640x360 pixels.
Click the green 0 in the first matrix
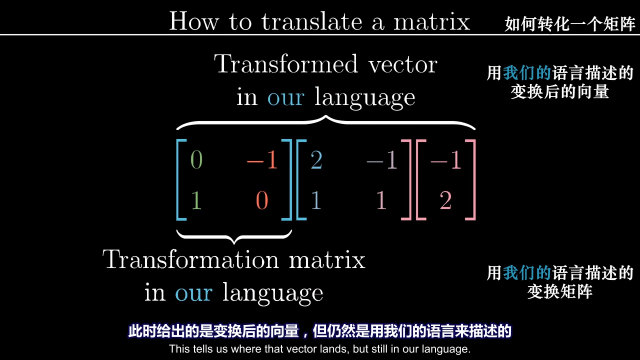[x=196, y=159]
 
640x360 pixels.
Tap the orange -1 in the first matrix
[x=262, y=159]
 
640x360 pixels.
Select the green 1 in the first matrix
[x=196, y=200]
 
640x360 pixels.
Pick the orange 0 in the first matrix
[x=262, y=200]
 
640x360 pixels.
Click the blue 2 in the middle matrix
[x=316, y=159]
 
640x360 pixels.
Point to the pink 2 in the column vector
[x=445, y=200]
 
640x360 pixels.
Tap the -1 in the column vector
[x=445, y=159]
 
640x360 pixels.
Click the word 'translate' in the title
[x=311, y=21]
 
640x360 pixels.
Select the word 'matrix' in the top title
[x=431, y=21]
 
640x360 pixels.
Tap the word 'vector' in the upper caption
[x=403, y=64]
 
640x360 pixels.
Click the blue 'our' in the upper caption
[x=285, y=97]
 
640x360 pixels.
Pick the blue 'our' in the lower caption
[x=193, y=293]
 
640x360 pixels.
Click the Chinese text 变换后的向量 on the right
[x=559, y=91]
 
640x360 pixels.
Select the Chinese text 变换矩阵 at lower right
[x=559, y=291]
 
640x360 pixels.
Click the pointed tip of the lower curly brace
[x=234, y=243]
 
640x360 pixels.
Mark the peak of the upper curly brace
[x=325, y=116]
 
